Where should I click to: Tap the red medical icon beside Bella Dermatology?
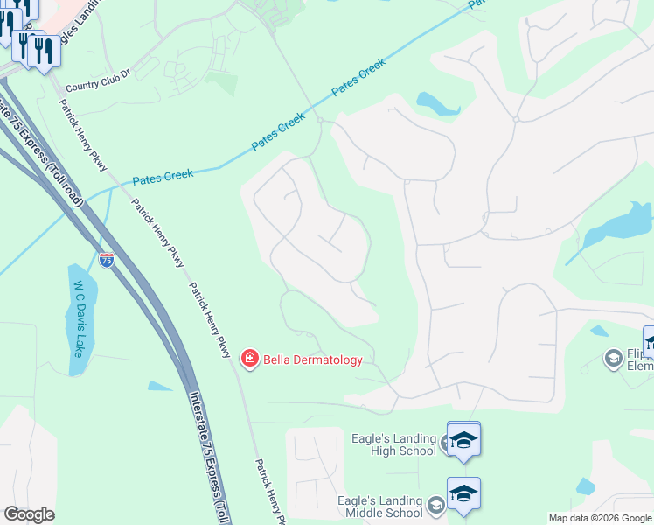[250, 359]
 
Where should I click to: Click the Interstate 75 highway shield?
[106, 260]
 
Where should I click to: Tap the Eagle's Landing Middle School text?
[380, 507]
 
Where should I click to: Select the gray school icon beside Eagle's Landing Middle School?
[436, 505]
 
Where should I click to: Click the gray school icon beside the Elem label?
[613, 357]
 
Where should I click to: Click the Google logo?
[29, 514]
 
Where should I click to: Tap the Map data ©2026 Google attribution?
[600, 518]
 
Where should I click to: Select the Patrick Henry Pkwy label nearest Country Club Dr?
[80, 132]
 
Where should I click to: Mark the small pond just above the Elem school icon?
[599, 332]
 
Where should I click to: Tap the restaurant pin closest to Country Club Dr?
[43, 52]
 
